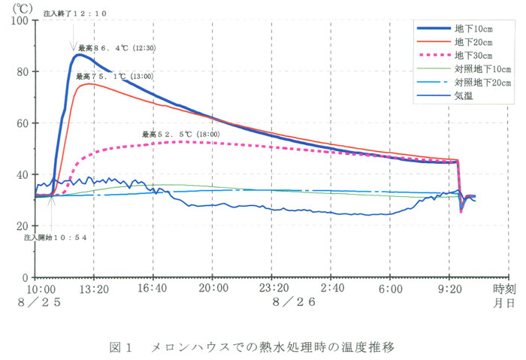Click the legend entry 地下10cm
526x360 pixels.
(x=473, y=29)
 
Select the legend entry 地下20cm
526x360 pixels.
(x=473, y=42)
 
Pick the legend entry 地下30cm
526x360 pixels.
(x=473, y=56)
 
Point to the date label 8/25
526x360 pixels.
(x=44, y=301)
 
